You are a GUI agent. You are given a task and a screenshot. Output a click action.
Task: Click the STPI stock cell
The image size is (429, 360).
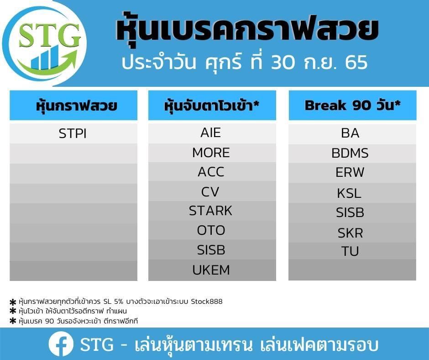(73, 134)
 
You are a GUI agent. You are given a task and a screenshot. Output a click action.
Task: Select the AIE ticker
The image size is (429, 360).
(211, 132)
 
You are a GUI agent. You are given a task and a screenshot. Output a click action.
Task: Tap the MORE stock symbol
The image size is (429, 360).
(211, 153)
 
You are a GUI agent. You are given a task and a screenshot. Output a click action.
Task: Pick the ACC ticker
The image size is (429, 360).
(211, 172)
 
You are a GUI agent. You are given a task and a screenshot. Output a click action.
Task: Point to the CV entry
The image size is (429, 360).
(210, 192)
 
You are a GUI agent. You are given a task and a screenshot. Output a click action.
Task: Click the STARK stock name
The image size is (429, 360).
(210, 211)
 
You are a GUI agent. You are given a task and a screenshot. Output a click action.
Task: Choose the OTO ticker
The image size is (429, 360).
(211, 230)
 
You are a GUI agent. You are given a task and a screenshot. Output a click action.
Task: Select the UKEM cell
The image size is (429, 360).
(211, 270)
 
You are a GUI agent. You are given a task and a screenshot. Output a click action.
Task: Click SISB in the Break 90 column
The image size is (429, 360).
(350, 212)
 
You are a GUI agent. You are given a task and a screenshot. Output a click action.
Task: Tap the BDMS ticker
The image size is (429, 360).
(350, 153)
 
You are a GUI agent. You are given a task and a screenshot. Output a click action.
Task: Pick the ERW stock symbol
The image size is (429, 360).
(350, 173)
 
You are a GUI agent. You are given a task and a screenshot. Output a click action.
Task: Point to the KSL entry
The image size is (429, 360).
(349, 193)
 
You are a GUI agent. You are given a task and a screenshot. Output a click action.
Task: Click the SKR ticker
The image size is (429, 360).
(350, 233)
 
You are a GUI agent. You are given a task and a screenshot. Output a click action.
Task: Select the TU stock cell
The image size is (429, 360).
(350, 251)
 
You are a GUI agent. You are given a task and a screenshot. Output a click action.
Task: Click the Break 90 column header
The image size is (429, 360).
(352, 105)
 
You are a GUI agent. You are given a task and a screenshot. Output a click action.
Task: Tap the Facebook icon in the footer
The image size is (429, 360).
(61, 344)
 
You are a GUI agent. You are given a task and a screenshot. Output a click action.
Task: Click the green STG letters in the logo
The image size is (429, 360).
(50, 35)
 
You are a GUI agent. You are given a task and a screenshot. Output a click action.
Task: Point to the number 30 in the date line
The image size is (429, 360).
(283, 63)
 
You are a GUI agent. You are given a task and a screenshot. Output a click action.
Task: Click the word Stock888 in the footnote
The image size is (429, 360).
(207, 302)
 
